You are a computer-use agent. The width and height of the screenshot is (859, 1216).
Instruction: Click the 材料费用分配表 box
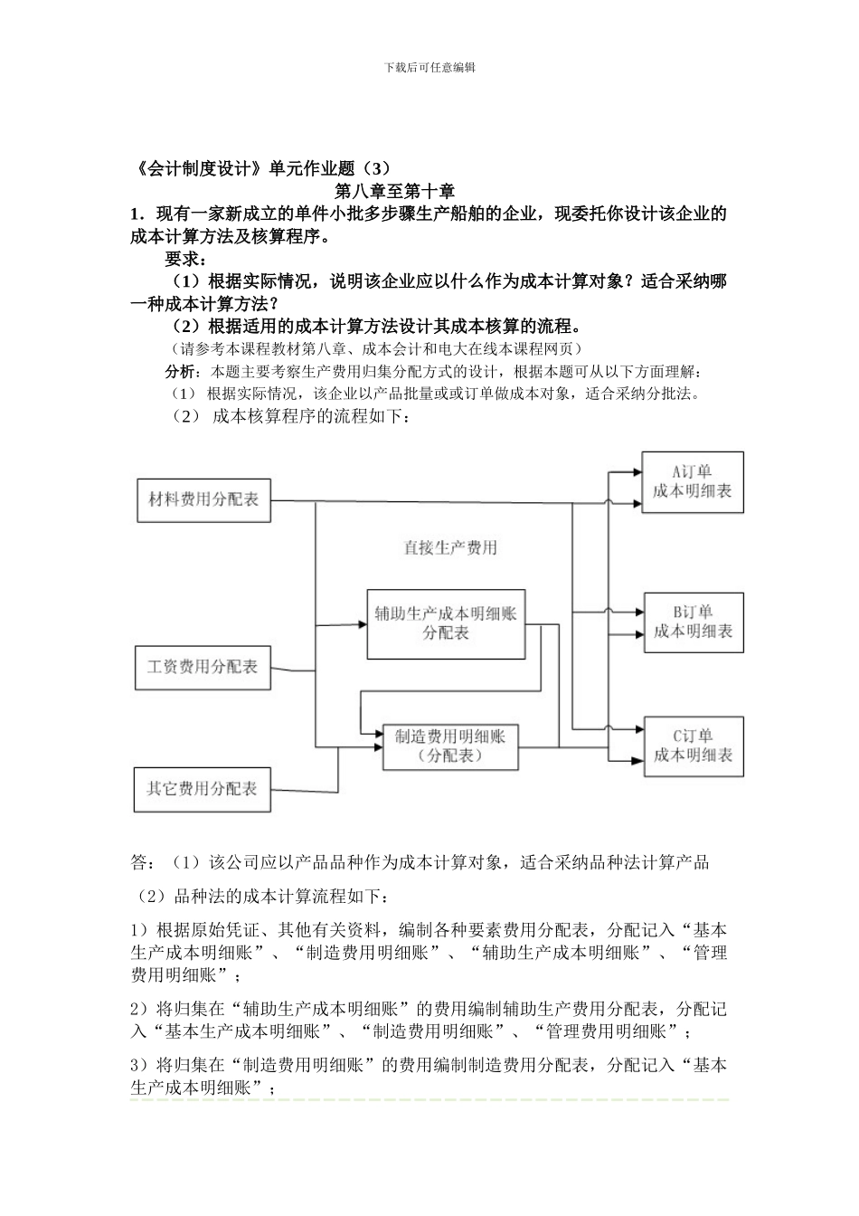pyautogui.click(x=203, y=499)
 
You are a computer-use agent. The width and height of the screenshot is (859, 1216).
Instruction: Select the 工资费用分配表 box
pyautogui.click(x=203, y=668)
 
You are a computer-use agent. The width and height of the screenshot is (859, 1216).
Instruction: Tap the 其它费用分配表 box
pyautogui.click(x=203, y=789)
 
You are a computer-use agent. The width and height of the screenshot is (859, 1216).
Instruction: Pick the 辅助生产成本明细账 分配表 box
pyautogui.click(x=446, y=623)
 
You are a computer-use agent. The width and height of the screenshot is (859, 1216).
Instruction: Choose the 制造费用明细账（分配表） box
pyautogui.click(x=450, y=746)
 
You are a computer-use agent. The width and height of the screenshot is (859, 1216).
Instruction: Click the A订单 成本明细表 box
pyautogui.click(x=693, y=482)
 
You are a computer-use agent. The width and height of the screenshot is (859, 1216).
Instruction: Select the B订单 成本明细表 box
pyautogui.click(x=694, y=622)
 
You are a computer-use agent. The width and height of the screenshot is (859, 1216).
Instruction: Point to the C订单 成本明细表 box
pyautogui.click(x=694, y=746)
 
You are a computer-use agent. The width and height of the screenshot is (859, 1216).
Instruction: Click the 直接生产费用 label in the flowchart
pyautogui.click(x=449, y=548)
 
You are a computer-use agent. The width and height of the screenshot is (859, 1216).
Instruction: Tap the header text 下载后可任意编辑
pyautogui.click(x=429, y=67)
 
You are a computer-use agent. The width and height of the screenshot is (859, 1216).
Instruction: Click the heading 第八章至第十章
pyautogui.click(x=394, y=192)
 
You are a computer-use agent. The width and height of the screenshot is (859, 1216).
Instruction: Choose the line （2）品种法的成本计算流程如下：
pyautogui.click(x=262, y=897)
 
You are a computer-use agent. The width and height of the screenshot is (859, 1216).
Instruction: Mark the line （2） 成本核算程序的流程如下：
pyautogui.click(x=291, y=417)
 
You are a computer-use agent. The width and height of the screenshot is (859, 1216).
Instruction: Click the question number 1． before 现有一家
pyautogui.click(x=139, y=215)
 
